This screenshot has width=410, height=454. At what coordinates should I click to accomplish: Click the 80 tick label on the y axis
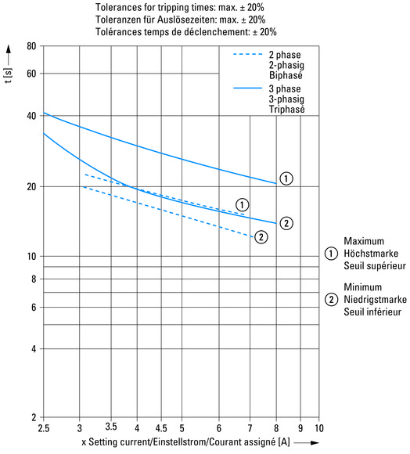[31, 46]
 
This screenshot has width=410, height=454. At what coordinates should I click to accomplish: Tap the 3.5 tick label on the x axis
[111, 426]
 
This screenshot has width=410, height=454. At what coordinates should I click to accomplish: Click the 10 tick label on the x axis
[319, 428]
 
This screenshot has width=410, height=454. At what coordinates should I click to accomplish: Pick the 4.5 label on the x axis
[161, 428]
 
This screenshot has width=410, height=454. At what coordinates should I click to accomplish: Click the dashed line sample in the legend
[248, 54]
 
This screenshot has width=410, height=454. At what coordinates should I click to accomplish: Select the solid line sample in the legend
[248, 88]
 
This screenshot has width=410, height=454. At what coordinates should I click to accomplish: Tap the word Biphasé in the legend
[286, 75]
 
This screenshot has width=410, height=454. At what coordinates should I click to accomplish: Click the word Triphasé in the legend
[286, 110]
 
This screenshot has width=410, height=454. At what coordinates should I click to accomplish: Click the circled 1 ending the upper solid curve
[286, 178]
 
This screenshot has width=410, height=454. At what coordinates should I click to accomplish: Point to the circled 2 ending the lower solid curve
[286, 223]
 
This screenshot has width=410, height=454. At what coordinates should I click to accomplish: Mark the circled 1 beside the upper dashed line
[242, 205]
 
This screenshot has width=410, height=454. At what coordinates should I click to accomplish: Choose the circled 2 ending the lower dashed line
[261, 237]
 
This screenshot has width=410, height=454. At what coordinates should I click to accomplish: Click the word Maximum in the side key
[364, 241]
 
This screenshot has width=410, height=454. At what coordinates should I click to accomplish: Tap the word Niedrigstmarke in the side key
[375, 299]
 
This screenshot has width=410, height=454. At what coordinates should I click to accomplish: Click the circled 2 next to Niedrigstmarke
[331, 299]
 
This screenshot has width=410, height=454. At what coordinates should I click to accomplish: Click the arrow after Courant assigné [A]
[306, 443]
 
